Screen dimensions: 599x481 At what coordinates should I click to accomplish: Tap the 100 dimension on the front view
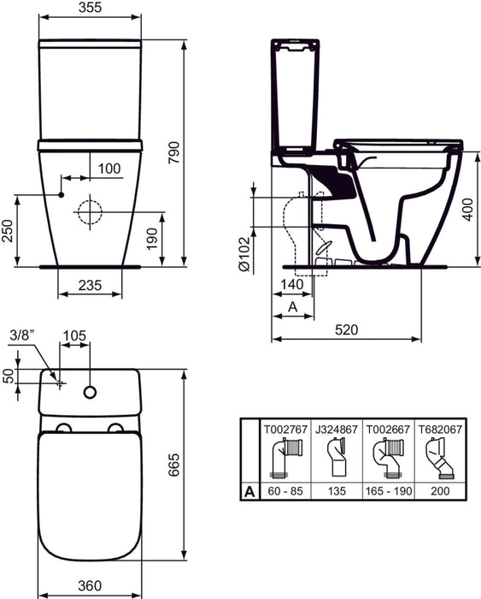[109, 168]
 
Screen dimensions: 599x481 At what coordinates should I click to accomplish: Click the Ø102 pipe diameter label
[244, 254]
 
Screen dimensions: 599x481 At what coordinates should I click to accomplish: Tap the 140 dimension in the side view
[290, 283]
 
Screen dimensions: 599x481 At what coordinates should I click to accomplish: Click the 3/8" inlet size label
[22, 335]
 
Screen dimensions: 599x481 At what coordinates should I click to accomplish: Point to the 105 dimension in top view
[77, 335]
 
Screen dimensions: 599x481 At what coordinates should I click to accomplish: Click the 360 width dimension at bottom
[90, 585]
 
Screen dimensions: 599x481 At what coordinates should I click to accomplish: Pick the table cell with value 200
[440, 492]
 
